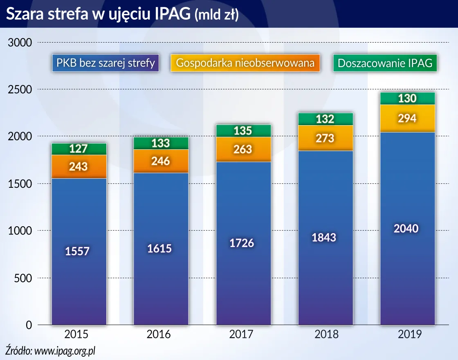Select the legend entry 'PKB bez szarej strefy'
coord(106,63)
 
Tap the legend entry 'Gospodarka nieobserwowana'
coord(245,63)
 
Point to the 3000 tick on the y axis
coord(20,43)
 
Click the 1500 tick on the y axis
coord(20,184)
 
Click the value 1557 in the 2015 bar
coord(77,251)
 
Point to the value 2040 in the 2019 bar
coord(406,228)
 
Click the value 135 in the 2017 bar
coord(242,131)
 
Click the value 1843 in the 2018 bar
coord(324,237)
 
